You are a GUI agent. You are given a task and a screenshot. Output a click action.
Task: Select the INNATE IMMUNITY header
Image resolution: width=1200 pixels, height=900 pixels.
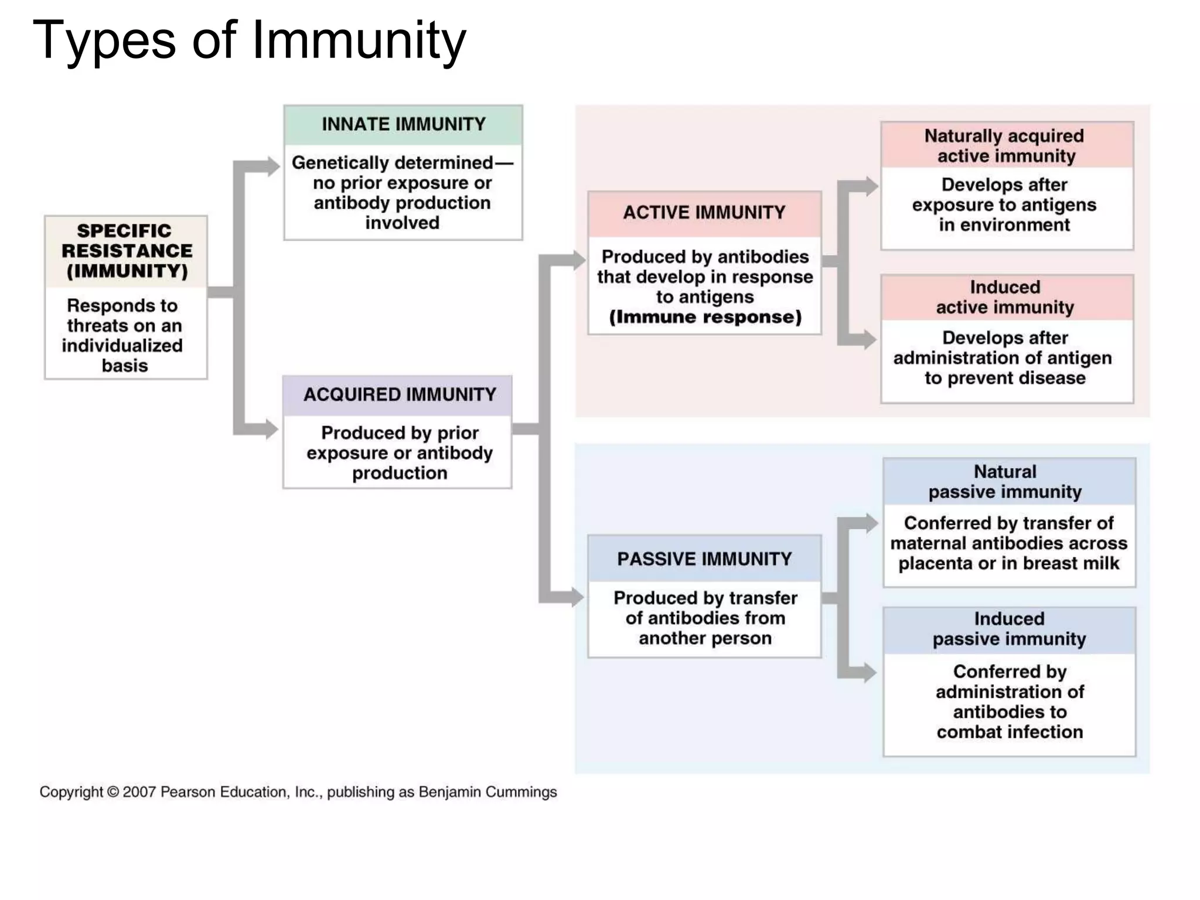coord(403,124)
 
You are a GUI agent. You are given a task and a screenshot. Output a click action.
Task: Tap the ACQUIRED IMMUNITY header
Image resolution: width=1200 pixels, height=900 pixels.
coord(400,394)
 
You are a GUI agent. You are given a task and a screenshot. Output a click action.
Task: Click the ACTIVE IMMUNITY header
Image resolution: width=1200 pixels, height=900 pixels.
coord(704,212)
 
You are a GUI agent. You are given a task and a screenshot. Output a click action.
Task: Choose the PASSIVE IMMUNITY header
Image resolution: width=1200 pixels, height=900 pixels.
coord(704,559)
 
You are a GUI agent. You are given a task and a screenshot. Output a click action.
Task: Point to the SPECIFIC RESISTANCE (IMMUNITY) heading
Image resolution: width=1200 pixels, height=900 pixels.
coord(127,251)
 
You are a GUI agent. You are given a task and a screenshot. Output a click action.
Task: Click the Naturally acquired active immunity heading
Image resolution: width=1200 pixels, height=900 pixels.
coord(1005,145)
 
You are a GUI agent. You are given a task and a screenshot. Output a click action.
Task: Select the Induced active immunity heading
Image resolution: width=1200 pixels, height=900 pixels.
coord(1005,297)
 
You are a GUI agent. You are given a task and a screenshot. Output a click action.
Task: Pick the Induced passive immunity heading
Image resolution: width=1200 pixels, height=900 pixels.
coord(1009,629)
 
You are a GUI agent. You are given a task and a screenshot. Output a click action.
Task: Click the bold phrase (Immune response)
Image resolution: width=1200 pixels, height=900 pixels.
coord(705,317)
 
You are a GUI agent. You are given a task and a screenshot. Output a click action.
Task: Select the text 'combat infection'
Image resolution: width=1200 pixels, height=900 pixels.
coord(1009,732)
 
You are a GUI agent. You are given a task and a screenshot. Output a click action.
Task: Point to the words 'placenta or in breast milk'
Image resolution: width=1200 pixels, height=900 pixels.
coord(1008,563)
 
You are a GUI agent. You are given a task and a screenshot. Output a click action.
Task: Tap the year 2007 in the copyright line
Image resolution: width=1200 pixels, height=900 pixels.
coord(139,792)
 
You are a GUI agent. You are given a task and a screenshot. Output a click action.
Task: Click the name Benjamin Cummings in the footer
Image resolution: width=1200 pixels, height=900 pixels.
coord(487,792)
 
